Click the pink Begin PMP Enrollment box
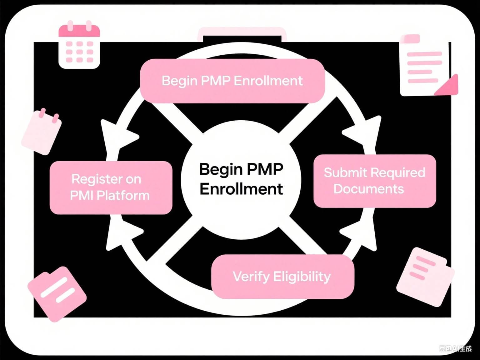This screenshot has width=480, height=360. click(x=232, y=81)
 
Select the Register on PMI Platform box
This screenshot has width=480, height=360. click(x=111, y=187)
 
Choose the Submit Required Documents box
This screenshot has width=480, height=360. click(x=374, y=181)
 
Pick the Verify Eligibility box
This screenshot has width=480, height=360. click(x=282, y=277)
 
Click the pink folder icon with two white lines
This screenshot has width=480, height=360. click(x=57, y=293)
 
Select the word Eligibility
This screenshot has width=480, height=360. click(x=302, y=277)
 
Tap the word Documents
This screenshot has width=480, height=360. click(x=369, y=189)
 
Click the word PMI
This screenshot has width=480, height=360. click(x=82, y=196)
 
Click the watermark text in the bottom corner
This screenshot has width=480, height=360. click(x=455, y=349)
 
